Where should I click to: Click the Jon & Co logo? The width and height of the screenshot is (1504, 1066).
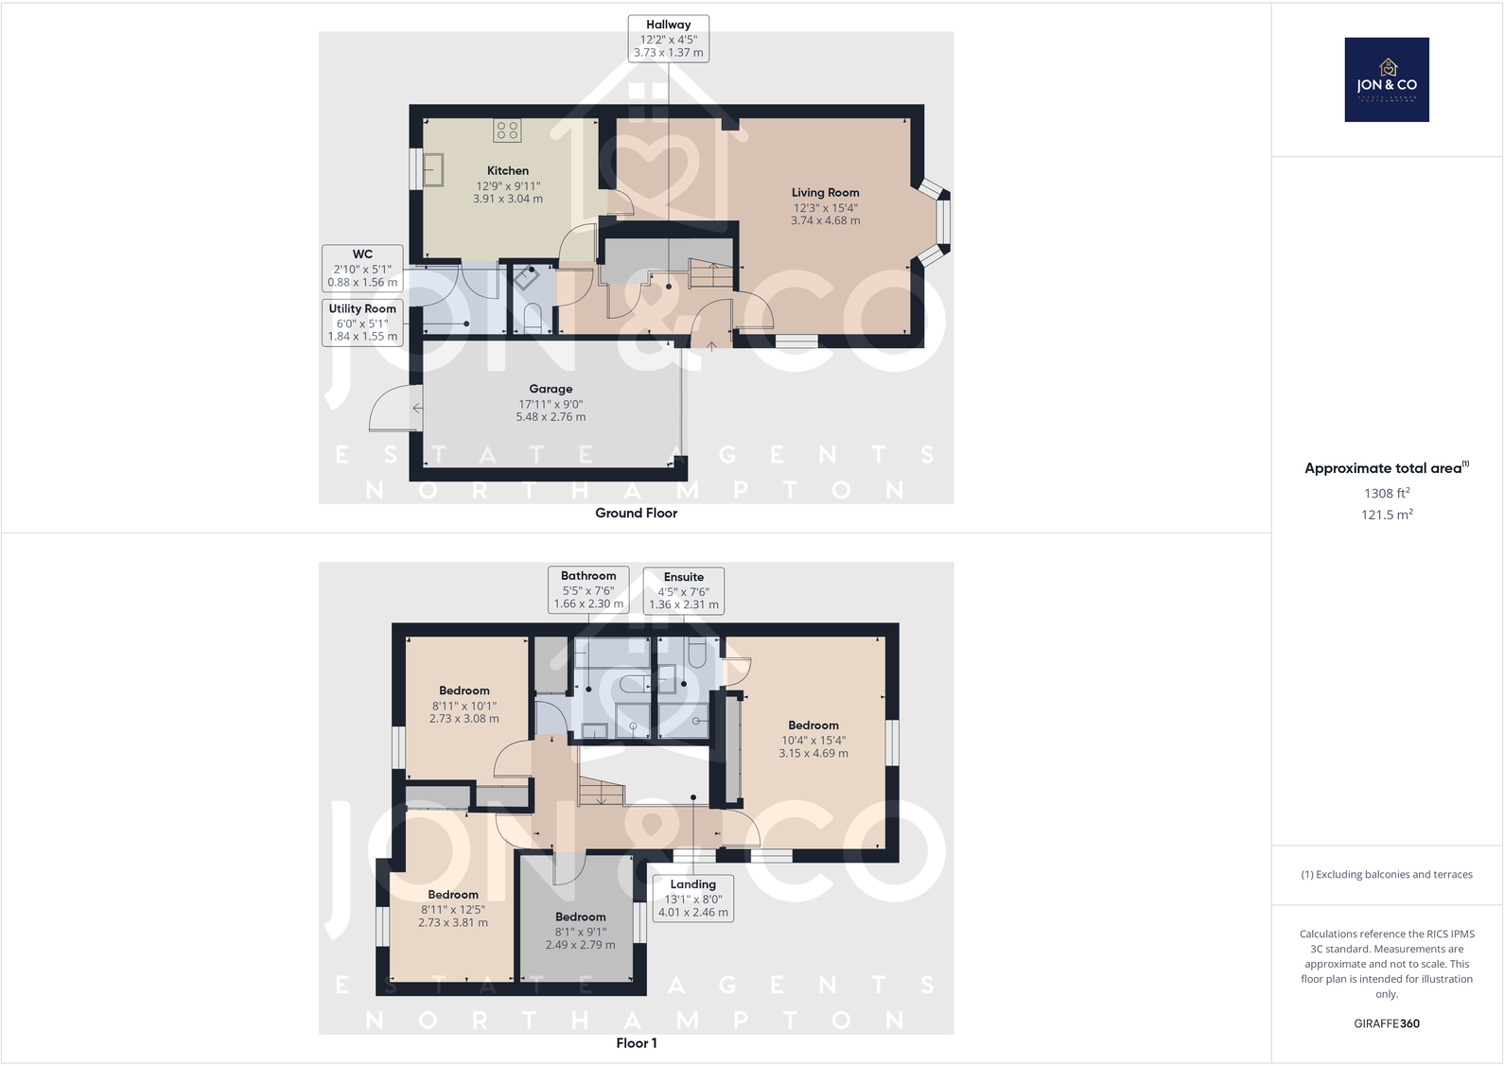(1387, 79)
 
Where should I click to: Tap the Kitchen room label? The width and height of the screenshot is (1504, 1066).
(508, 171)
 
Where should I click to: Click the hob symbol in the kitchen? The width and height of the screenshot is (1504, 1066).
(507, 131)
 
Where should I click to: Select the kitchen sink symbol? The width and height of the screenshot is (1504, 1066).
(433, 170)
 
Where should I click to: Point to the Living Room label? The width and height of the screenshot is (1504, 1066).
(825, 193)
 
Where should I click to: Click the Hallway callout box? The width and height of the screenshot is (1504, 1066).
(668, 39)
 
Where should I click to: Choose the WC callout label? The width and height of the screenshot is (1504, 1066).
(362, 268)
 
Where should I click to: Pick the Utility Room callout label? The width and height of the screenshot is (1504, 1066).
(362, 322)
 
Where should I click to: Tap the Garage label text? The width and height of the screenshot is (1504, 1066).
(551, 389)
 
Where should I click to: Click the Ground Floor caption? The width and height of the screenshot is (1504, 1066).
(636, 513)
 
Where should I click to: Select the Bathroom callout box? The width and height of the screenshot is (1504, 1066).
(588, 589)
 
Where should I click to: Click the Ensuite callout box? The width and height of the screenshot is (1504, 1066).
(683, 590)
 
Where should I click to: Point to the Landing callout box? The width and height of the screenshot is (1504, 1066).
(692, 898)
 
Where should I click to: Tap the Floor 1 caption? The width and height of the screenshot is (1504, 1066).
(636, 1043)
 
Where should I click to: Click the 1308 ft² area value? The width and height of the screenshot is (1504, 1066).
(1387, 493)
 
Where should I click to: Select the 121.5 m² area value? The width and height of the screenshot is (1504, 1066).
(1387, 515)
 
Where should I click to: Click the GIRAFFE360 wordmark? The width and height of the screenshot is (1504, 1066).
(1387, 1023)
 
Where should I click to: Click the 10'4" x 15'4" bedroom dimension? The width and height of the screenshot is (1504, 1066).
(813, 741)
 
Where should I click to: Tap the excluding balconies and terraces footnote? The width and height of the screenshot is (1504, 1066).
(1387, 874)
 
